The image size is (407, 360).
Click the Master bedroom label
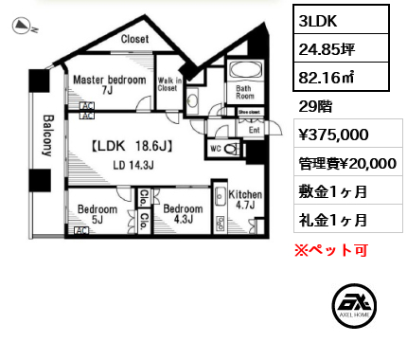(110, 81)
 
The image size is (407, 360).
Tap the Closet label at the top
(135, 39)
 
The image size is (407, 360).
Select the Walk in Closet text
(170, 91)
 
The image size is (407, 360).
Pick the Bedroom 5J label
(97, 213)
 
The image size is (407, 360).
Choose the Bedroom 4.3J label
(183, 214)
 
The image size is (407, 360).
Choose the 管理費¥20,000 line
(346, 163)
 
